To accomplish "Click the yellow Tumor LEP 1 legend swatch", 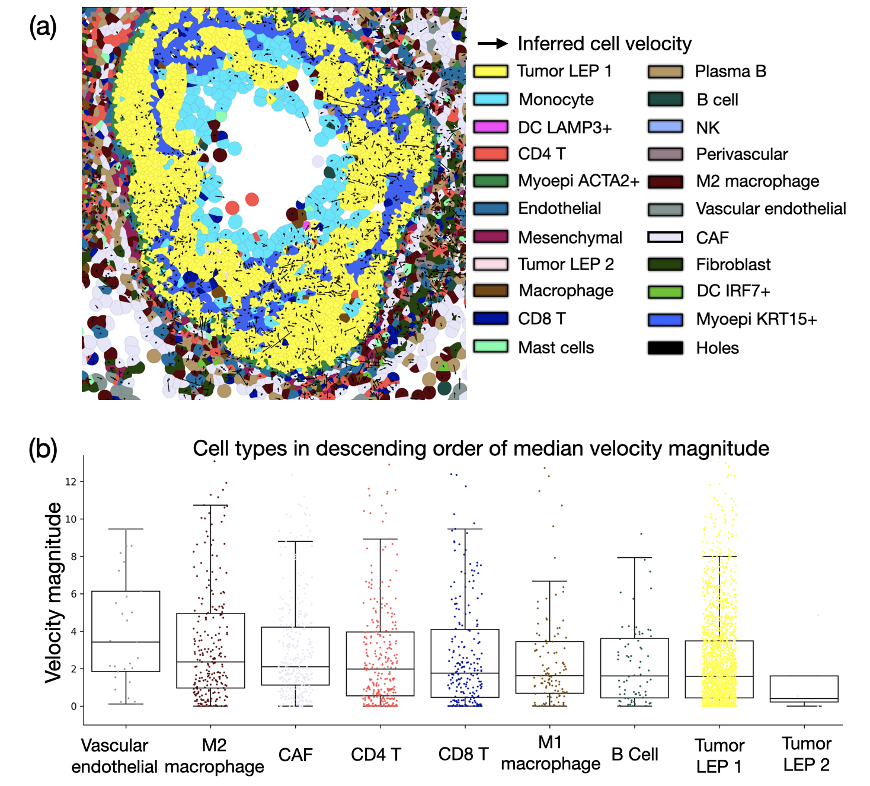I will click(491, 71).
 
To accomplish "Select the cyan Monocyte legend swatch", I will click(491, 99).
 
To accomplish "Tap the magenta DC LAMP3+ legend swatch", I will click(491, 127).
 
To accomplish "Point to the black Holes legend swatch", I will click(666, 348).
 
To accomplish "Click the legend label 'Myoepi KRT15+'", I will click(756, 319).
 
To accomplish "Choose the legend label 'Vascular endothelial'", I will click(770, 209).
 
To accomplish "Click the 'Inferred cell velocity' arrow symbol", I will click(492, 43).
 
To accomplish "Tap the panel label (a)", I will click(43, 27).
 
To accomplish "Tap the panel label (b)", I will click(43, 449).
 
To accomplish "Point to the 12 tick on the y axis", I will click(71, 482).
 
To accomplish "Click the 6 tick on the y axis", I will click(73, 594).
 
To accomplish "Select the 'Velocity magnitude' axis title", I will click(53, 593).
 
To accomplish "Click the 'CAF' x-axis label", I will click(295, 755).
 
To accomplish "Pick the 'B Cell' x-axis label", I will click(635, 755).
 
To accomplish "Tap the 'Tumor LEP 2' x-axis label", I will click(806, 754).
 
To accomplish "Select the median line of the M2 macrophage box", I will click(210, 662).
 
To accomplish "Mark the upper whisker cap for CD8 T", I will click(465, 529).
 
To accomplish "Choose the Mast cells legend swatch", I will click(491, 347).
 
